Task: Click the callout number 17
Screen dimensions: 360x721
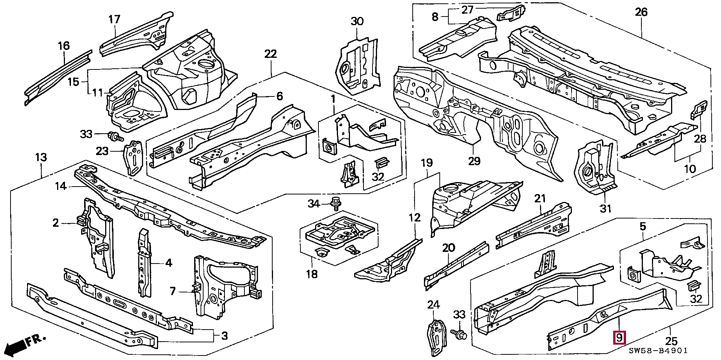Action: (x=114, y=19)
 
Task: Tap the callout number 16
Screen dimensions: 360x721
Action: (x=64, y=46)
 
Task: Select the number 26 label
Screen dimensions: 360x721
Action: (x=641, y=12)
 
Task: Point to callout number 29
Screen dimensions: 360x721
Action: (x=474, y=161)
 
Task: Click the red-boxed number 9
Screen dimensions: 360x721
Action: (x=619, y=338)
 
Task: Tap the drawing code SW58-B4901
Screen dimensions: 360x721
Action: (x=658, y=351)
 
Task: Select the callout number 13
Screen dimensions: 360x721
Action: (x=41, y=157)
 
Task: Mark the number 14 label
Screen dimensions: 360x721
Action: (x=60, y=186)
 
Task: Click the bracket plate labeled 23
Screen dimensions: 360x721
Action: (x=134, y=158)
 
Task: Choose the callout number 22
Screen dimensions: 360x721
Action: (x=270, y=54)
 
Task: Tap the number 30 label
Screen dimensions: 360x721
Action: (x=357, y=21)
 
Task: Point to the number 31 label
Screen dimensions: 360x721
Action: (x=605, y=208)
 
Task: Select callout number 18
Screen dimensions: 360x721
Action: (x=312, y=274)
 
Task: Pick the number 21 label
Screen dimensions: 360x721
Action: (x=540, y=199)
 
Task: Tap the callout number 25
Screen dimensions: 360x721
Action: (x=671, y=341)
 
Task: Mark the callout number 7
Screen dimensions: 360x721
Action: (x=172, y=291)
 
